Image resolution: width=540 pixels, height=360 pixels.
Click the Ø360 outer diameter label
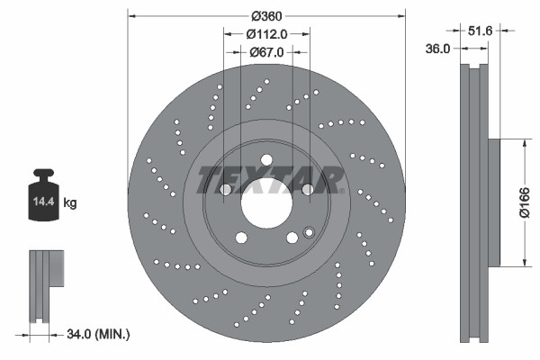click(267, 16)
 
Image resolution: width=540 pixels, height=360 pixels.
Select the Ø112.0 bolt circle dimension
click(267, 33)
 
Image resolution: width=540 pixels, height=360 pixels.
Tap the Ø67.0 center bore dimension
click(267, 52)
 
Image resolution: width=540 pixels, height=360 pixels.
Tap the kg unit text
click(70, 203)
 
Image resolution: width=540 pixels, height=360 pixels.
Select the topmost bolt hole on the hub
click(266, 160)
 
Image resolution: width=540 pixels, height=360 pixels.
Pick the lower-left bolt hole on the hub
click(241, 238)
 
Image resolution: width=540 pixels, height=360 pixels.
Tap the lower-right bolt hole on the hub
click(292, 238)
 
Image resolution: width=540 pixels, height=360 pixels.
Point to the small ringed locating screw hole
click(310, 232)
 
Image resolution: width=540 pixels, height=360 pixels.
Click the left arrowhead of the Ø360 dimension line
click(131, 15)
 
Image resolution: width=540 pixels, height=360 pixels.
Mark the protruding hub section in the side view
click(494, 203)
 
